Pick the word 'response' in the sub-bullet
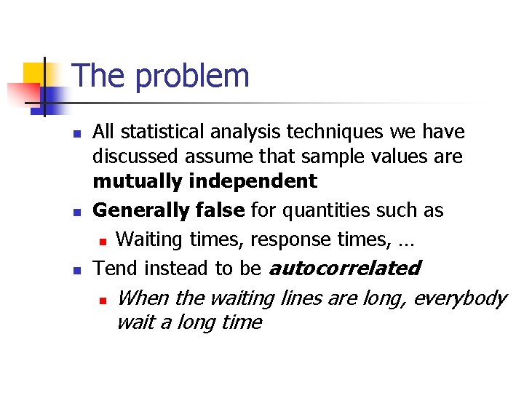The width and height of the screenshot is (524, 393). pyautogui.click(x=285, y=239)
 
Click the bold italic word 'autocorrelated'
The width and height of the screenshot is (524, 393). pyautogui.click(x=345, y=268)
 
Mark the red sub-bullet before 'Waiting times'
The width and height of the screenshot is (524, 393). pyautogui.click(x=103, y=241)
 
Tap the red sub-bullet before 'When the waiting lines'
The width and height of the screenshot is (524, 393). pyautogui.click(x=103, y=299)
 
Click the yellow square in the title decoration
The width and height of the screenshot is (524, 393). pyautogui.click(x=34, y=74)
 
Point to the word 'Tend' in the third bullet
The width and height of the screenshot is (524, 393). pyautogui.click(x=116, y=268)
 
